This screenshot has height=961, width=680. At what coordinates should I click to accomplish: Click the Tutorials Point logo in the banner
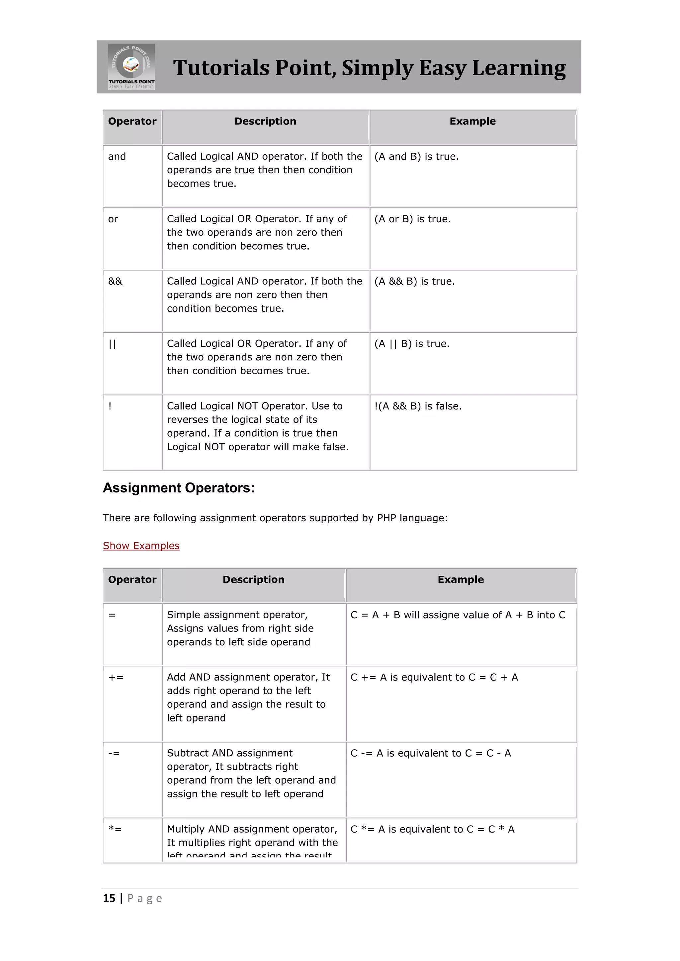[131, 67]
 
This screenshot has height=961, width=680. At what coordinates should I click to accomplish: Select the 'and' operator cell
[117, 157]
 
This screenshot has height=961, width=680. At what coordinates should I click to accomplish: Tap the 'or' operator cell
[113, 219]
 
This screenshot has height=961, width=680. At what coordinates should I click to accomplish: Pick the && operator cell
[115, 281]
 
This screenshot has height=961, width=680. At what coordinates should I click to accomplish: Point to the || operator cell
[112, 344]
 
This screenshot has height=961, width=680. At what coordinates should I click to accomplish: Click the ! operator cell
[110, 406]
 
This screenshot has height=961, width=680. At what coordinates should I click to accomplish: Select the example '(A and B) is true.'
[416, 157]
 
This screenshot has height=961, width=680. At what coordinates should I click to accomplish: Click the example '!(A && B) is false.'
[417, 406]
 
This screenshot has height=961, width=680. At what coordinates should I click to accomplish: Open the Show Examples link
[141, 546]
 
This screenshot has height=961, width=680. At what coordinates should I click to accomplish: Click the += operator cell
[116, 677]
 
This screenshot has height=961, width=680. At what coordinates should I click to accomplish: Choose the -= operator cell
[114, 753]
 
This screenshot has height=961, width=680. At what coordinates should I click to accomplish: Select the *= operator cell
[115, 829]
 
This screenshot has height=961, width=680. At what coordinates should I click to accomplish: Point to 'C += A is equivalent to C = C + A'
[434, 677]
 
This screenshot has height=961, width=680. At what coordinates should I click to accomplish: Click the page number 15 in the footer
[109, 898]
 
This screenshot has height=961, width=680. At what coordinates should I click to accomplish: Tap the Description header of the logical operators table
[265, 121]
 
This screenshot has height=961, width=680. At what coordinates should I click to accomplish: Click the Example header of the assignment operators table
[461, 580]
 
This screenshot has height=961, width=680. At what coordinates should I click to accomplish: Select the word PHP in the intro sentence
[386, 518]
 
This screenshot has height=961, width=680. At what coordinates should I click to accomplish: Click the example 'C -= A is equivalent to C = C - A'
[430, 753]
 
